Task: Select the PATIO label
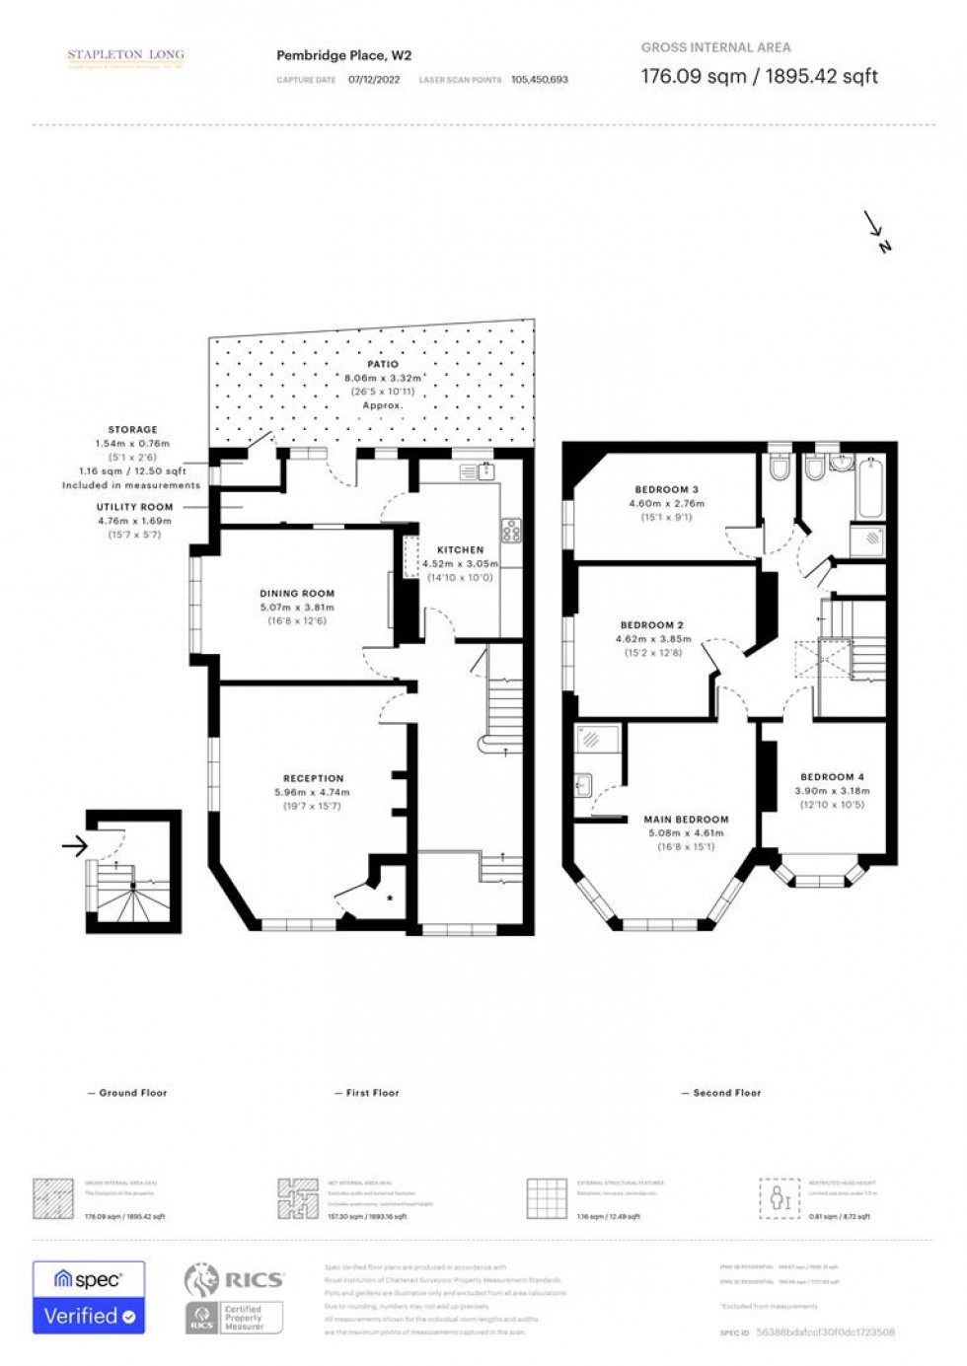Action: [383, 364]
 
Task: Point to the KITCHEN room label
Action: [461, 549]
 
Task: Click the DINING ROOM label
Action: [297, 594]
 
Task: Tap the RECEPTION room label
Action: [314, 778]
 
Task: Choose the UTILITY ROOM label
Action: [134, 507]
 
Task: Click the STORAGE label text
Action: [133, 430]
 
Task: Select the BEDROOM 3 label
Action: [666, 489]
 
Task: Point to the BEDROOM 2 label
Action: [652, 625]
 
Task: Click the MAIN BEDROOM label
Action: [686, 819]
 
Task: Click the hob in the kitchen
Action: [511, 532]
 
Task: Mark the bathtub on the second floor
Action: [870, 489]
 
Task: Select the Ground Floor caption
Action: [132, 1093]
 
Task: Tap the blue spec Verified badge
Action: [89, 1297]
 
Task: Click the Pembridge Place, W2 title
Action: [343, 56]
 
